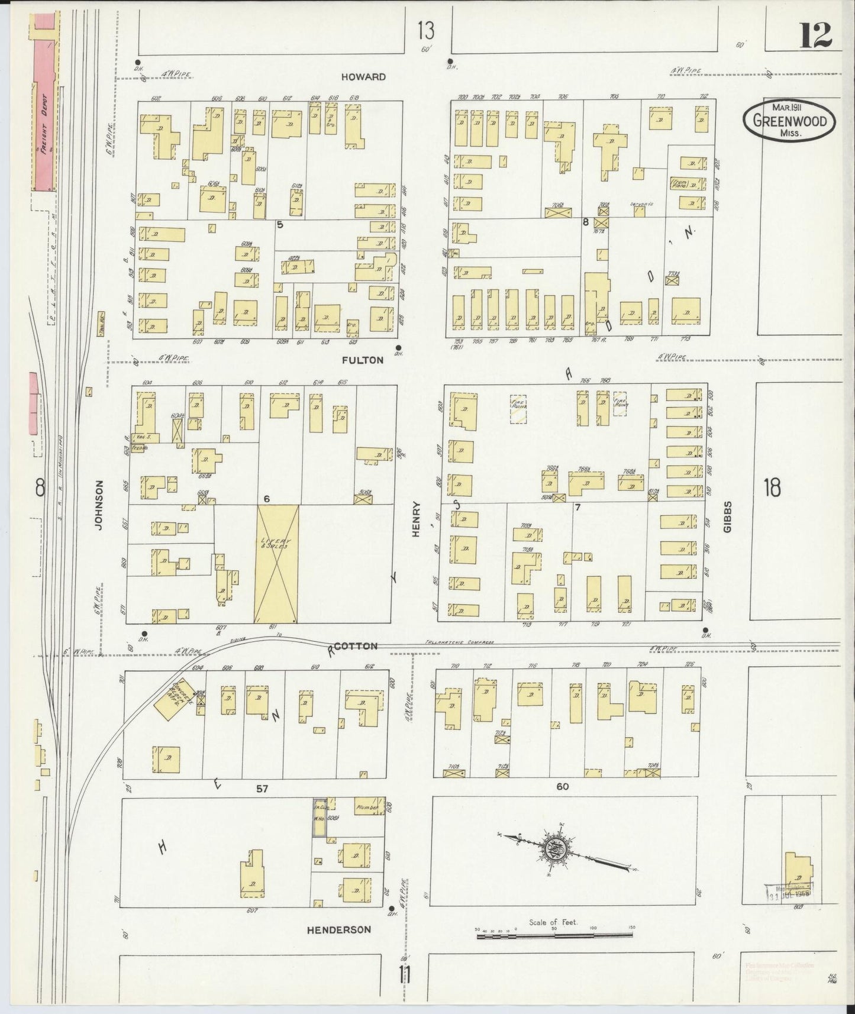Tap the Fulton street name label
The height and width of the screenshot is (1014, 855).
362,360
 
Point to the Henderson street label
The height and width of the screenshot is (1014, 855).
339,929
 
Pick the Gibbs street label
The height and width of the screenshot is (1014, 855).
727,516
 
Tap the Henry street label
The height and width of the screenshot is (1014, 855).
416,519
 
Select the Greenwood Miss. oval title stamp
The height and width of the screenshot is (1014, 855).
789,120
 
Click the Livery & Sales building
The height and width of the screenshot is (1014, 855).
276,563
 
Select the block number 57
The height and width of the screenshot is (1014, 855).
263,789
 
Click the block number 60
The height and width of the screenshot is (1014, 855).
562,786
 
